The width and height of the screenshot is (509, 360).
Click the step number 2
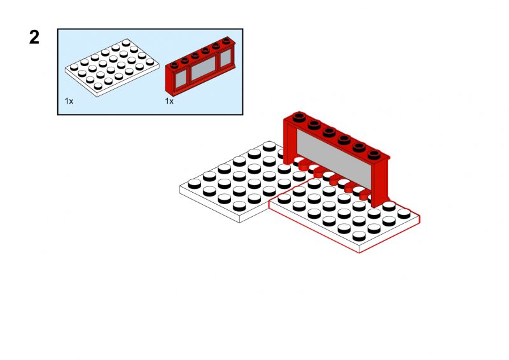coord(34,38)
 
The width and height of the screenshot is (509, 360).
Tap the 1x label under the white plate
coord(69,101)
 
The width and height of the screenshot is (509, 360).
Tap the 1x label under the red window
coord(169,101)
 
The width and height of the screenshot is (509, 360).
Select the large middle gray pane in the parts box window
coord(203,69)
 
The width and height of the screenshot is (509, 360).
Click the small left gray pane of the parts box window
coord(181,80)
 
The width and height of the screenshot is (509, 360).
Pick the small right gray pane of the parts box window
coord(226,57)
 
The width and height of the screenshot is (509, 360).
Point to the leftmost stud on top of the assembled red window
coord(299,116)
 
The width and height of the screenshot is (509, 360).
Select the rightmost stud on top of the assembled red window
coord(374,154)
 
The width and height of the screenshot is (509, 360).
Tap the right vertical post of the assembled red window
coord(380,182)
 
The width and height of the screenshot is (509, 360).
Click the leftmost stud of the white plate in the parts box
coord(74,67)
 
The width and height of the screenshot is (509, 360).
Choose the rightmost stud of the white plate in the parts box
coord(150,62)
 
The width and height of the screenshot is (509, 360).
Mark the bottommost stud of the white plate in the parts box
coord(98,86)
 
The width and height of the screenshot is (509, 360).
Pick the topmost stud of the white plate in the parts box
coord(126,43)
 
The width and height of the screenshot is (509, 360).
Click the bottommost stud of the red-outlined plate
coord(359,236)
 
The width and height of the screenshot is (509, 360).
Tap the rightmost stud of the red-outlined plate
coord(404,214)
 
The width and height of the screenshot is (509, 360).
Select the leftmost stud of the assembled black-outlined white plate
coord(195,184)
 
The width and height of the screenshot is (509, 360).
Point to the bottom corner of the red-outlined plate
coord(359,253)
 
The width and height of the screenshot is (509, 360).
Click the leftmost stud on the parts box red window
coord(174,66)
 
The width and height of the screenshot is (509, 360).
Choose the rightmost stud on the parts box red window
coord(227,40)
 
